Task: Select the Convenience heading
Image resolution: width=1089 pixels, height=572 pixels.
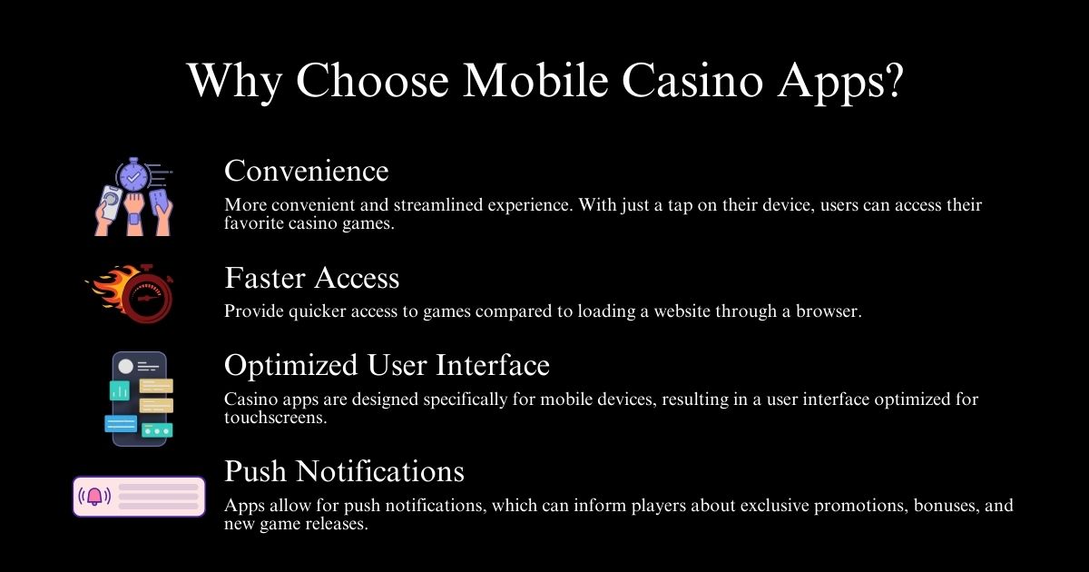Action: click(306, 171)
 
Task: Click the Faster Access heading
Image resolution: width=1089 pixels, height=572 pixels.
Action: click(311, 277)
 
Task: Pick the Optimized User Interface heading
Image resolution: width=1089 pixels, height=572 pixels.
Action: click(387, 365)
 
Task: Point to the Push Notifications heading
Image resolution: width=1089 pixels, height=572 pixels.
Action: click(344, 471)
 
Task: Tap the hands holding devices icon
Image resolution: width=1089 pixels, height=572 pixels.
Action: click(133, 197)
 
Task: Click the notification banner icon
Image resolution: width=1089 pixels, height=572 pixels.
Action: click(139, 497)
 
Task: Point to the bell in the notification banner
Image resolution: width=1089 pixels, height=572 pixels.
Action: click(94, 497)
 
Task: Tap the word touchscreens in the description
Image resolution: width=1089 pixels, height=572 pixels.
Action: click(272, 418)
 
